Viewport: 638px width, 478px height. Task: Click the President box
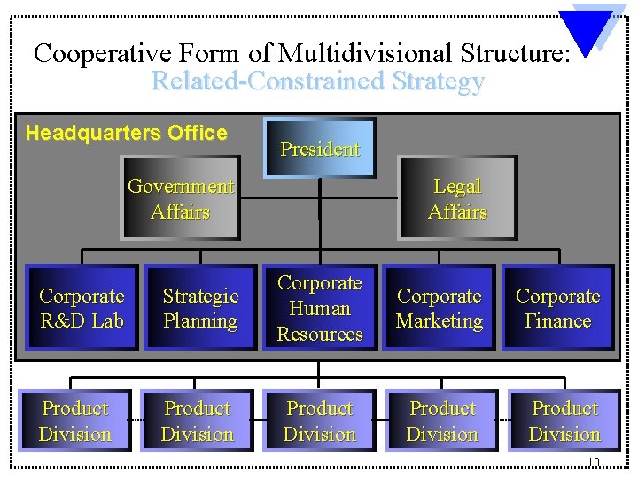(x=320, y=148)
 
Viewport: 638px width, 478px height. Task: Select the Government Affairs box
(x=181, y=198)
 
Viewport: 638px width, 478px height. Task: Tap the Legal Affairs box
(x=457, y=198)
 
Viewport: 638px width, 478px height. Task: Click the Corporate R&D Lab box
(x=82, y=308)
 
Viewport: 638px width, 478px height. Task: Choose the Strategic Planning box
(x=200, y=308)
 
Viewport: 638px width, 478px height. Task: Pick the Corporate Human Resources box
(x=320, y=308)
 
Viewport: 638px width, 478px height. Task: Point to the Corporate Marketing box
(x=440, y=308)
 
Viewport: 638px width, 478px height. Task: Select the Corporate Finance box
(x=558, y=308)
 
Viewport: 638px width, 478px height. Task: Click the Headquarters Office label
(x=127, y=134)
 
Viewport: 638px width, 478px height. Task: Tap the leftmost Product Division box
(x=75, y=420)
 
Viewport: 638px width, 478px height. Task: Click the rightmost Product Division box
(x=564, y=420)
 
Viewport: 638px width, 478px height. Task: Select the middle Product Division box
(x=320, y=420)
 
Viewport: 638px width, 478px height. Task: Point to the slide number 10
(x=594, y=462)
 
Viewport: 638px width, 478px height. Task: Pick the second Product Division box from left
(x=198, y=420)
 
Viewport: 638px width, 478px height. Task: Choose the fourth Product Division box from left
(x=442, y=420)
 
